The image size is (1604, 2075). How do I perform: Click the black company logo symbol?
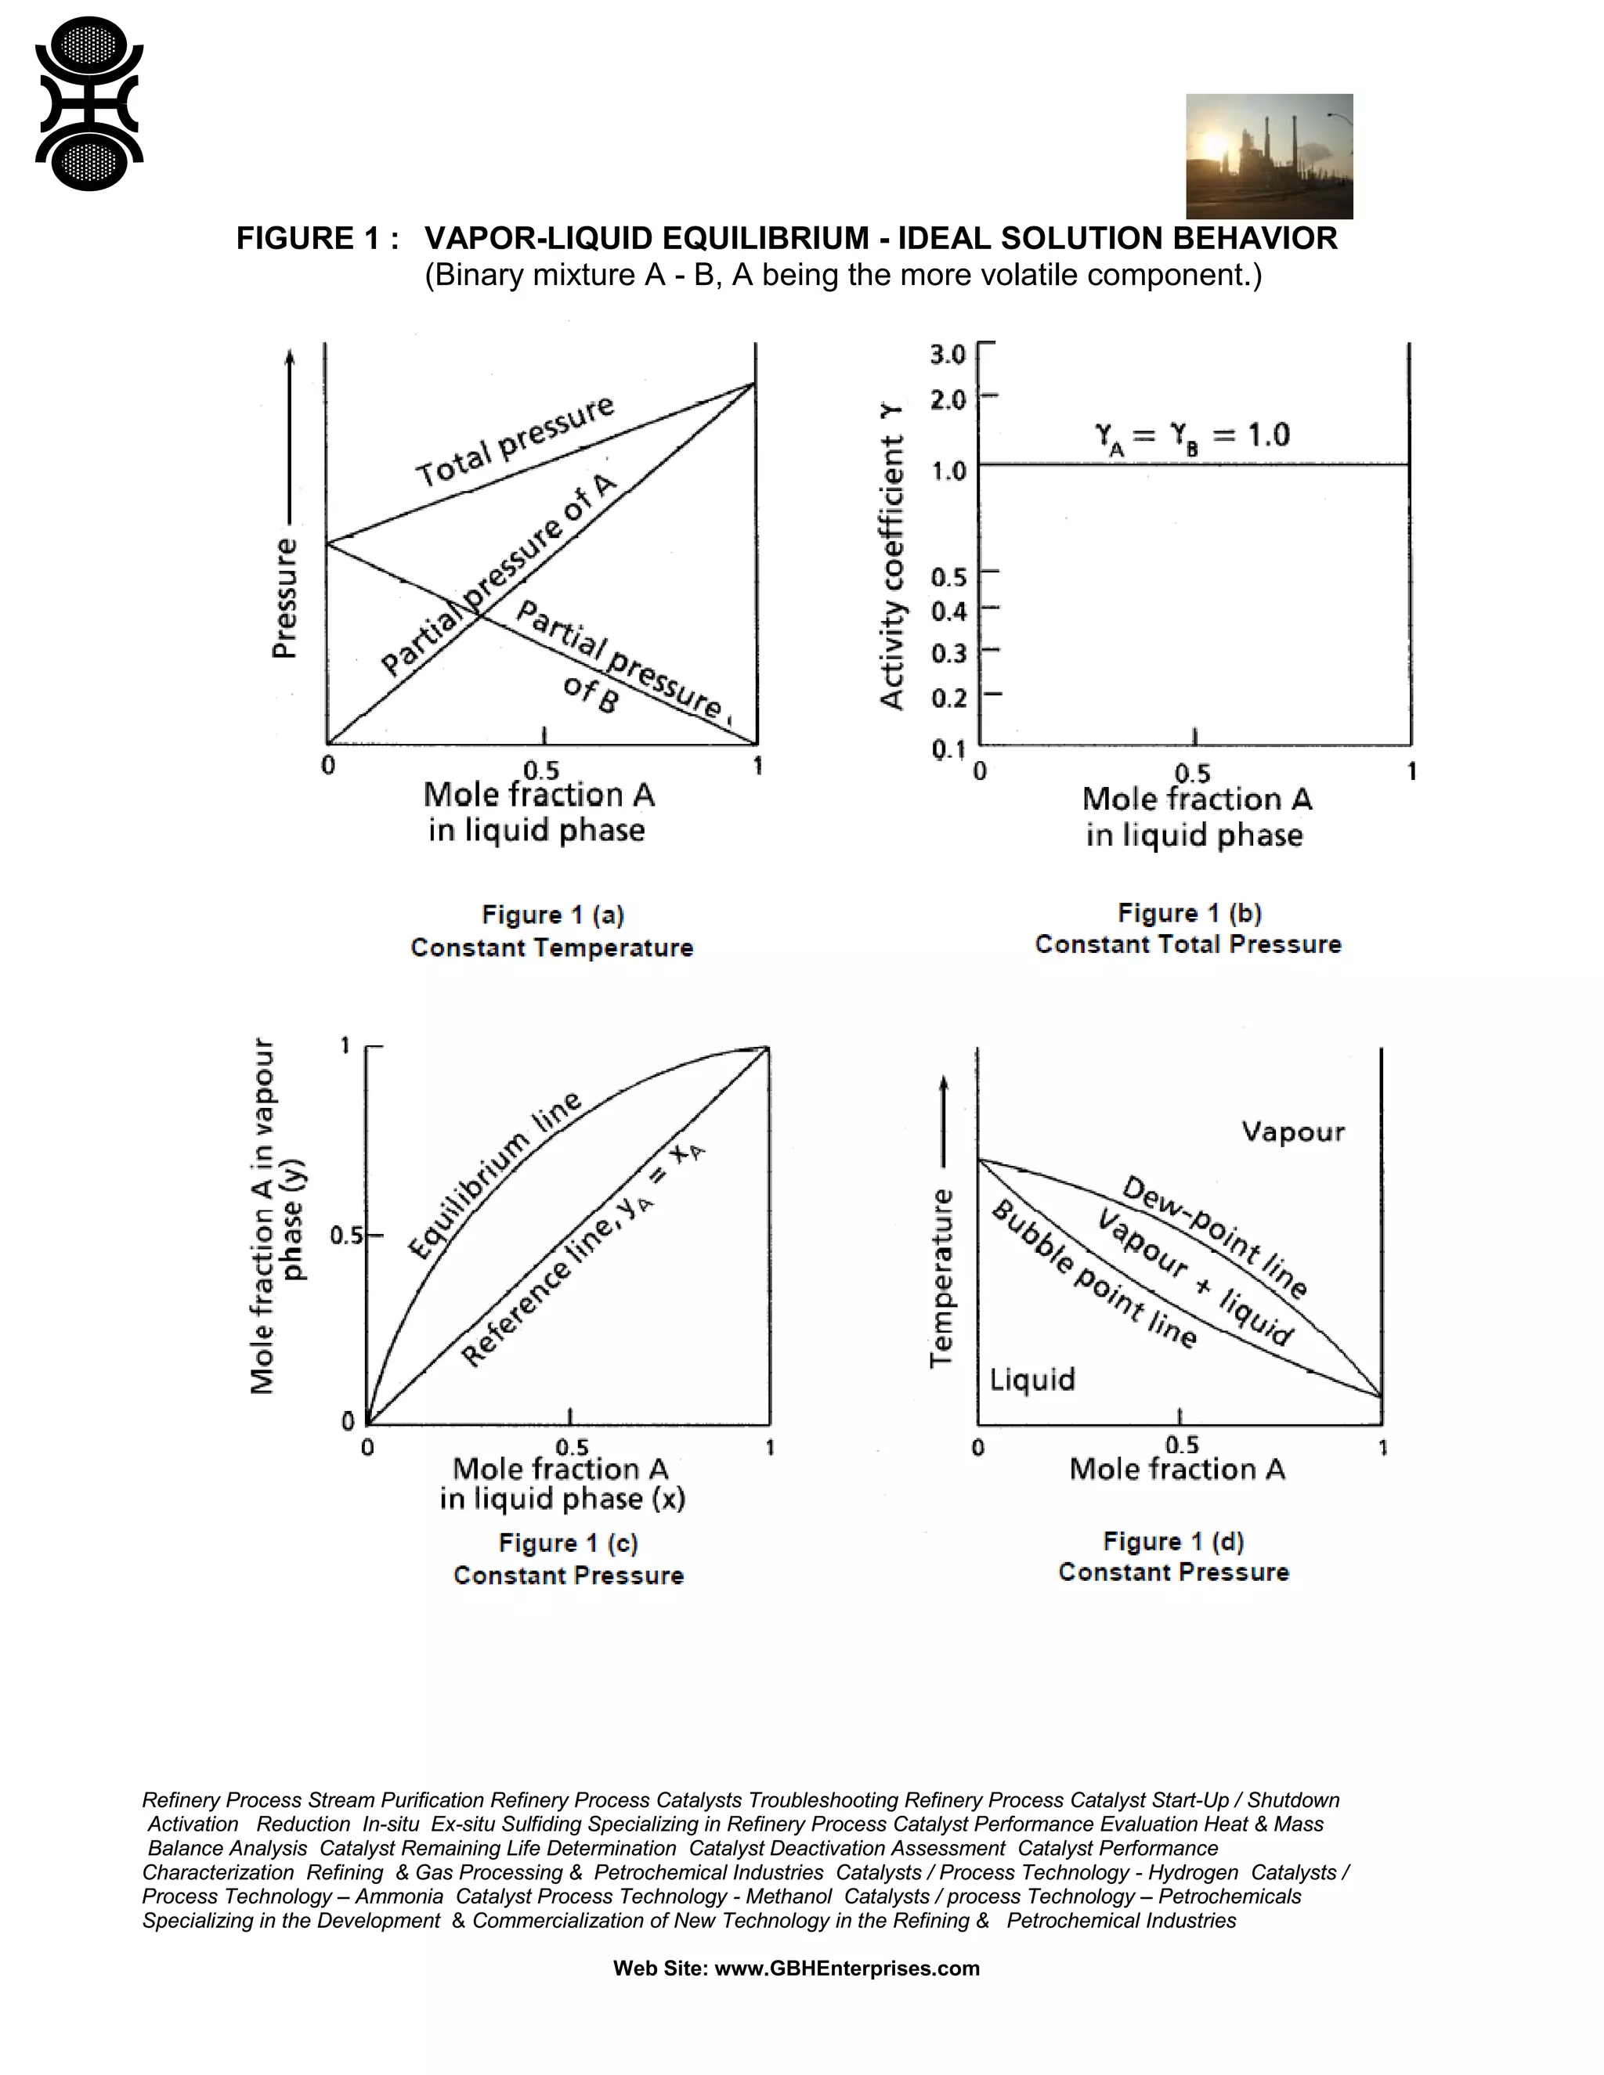(x=89, y=104)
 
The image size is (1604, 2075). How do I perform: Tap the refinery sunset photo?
(x=1269, y=156)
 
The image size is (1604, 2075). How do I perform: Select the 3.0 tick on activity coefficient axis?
(x=948, y=355)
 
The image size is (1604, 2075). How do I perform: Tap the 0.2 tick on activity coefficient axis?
(x=948, y=698)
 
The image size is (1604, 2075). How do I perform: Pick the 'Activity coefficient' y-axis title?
(x=891, y=557)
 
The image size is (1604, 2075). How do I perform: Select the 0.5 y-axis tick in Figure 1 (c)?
(x=347, y=1236)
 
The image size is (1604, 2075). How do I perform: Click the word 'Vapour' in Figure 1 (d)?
(x=1292, y=1131)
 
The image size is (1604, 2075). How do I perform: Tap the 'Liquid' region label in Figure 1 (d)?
(x=1032, y=1379)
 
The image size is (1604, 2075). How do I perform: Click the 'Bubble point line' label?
(x=1093, y=1274)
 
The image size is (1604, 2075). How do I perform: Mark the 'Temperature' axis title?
(x=941, y=1278)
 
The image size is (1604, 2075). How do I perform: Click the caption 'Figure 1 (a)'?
(x=552, y=915)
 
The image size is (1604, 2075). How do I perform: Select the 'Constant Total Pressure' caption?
(x=1188, y=944)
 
